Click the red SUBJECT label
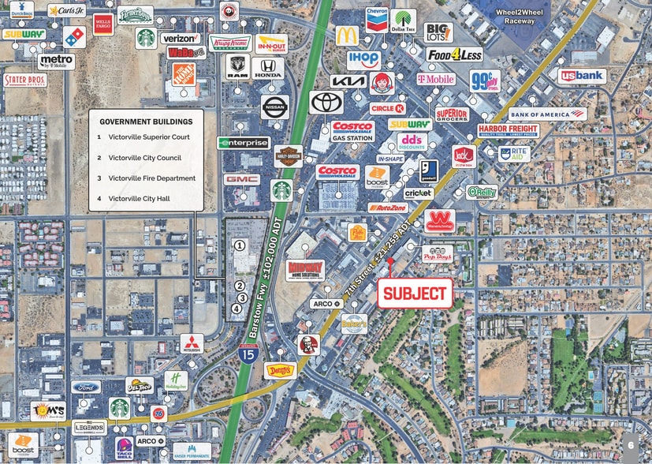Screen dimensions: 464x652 (415, 293)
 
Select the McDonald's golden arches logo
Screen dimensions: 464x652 (347, 36)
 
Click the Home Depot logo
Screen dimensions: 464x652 (184, 74)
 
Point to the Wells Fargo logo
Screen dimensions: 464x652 (102, 24)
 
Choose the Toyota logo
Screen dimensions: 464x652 (326, 102)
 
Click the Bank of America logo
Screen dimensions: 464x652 (548, 114)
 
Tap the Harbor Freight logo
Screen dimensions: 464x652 (508, 129)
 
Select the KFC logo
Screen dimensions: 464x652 (308, 344)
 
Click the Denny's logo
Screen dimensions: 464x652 (280, 369)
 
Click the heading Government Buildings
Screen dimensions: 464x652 (145, 122)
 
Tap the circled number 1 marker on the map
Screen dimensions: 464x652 (238, 245)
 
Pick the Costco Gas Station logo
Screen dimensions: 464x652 (352, 131)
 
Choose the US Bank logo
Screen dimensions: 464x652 (582, 76)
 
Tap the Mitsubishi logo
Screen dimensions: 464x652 (192, 343)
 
